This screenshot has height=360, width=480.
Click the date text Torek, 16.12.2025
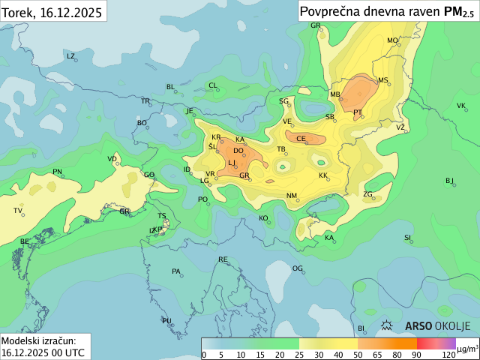(51, 10)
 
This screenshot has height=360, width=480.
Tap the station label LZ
(70, 56)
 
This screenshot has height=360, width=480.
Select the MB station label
(335, 94)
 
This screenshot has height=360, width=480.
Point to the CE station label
(301, 139)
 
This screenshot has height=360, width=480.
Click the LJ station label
(232, 163)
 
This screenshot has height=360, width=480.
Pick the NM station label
(292, 196)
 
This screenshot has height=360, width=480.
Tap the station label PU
(166, 321)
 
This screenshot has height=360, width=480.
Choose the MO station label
(392, 40)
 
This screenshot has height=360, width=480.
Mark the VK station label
(461, 106)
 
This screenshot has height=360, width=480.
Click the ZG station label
(367, 194)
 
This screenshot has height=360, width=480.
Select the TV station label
(18, 211)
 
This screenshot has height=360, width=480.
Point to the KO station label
(263, 218)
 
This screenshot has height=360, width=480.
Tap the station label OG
(297, 268)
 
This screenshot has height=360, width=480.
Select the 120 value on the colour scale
(448, 355)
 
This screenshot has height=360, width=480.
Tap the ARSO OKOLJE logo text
(437, 325)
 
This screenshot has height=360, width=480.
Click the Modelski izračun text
(38, 340)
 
